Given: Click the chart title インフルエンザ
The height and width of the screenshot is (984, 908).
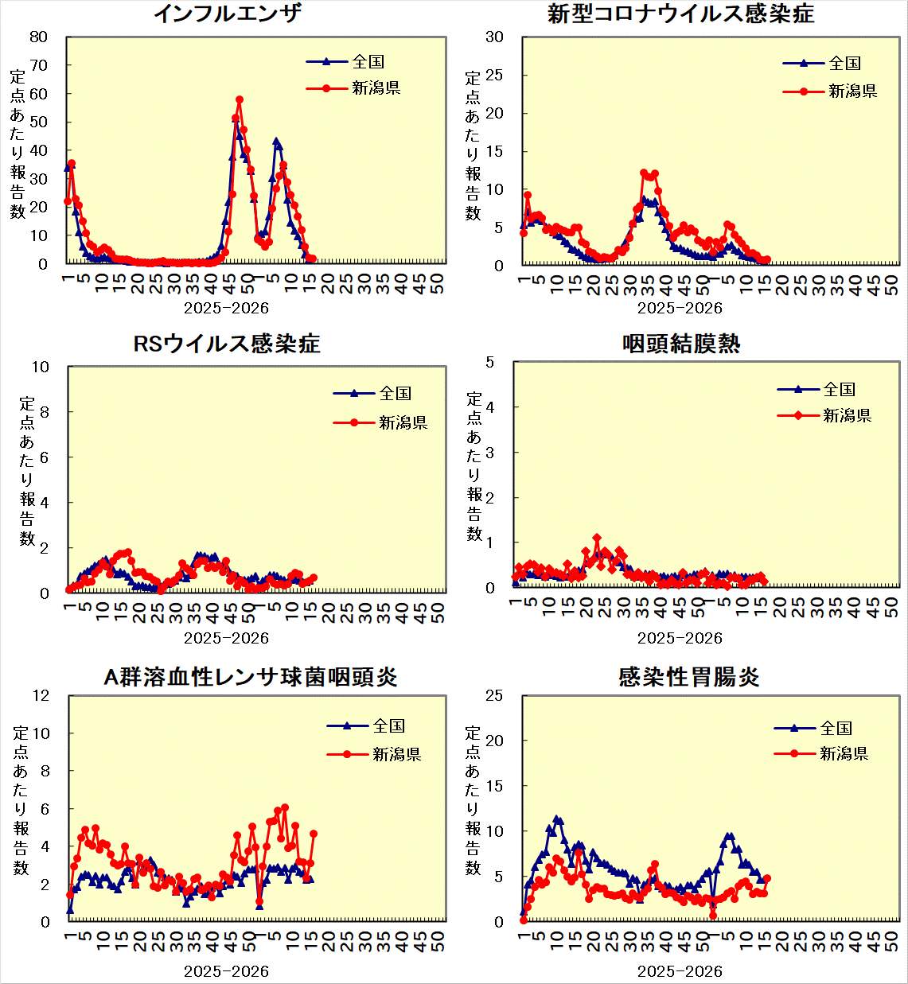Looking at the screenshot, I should point(227,14).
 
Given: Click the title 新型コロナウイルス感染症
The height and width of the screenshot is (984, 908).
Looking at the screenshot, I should point(680,14).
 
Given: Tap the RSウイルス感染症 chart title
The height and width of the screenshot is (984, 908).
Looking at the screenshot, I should point(227,344).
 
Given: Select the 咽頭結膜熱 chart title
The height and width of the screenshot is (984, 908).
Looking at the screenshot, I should point(681,344).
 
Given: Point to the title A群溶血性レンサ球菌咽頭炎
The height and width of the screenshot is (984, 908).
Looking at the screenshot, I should point(251,677).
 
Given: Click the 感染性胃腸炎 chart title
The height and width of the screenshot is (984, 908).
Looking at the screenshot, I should point(688,677).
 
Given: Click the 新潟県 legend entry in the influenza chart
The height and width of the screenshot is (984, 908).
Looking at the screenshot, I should point(376,88).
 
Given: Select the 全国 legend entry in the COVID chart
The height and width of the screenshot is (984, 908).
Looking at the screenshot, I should point(844,64).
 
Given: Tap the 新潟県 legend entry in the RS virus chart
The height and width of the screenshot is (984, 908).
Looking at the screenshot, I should point(403,422).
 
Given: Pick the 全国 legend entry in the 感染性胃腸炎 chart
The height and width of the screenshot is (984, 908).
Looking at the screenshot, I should point(836,728).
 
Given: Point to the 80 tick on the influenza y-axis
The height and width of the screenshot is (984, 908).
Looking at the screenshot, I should point(38,37).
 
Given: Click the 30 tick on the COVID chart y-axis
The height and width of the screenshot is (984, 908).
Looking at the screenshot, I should point(494,37).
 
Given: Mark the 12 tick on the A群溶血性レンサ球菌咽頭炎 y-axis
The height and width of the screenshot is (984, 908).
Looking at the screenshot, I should point(40,695).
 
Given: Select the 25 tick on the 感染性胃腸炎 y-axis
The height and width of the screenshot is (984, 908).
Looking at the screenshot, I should point(494,695).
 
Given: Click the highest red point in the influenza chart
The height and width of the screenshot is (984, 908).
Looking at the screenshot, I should point(240,100).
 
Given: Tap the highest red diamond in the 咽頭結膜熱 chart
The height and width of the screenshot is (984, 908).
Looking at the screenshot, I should point(597,539).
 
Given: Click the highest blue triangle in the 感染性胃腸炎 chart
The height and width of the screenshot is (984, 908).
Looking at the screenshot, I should point(557,819).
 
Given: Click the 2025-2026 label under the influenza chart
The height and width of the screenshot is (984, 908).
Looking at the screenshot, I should point(226,308).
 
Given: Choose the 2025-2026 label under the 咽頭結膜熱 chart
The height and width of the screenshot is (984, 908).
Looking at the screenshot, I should point(680,638).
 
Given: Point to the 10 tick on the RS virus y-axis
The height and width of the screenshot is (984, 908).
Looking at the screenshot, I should point(40,367).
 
